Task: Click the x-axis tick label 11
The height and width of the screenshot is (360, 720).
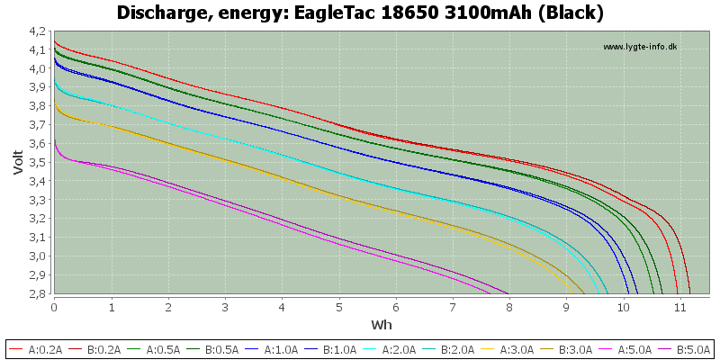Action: click(x=680, y=306)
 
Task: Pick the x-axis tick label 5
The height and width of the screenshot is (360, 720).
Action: click(x=339, y=306)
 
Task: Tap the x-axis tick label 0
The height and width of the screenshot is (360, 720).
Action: click(x=55, y=306)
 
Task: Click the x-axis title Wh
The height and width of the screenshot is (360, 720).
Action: click(x=382, y=325)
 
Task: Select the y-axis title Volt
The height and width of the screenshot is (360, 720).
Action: click(x=18, y=162)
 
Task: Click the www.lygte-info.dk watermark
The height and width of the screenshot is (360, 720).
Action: click(x=640, y=47)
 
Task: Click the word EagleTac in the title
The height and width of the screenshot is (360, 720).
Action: click(x=318, y=13)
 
